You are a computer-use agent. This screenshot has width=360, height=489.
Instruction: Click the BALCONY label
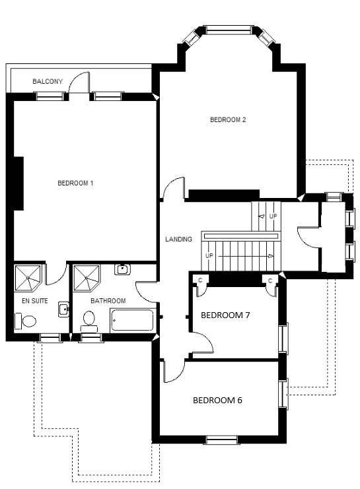point(48,81)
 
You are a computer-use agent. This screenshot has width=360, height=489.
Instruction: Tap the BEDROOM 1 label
point(75,183)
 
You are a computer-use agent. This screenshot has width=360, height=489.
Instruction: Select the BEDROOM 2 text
point(228,119)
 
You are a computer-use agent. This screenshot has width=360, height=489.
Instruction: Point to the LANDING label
point(178,239)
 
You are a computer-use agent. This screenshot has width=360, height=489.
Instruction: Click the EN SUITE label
point(35,301)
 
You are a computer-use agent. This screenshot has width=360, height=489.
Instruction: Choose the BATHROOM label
point(108,301)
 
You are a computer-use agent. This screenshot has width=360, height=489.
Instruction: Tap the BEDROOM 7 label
point(225,315)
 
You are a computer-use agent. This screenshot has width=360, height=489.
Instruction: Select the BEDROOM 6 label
point(217,400)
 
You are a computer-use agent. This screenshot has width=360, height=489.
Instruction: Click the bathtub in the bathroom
point(132,320)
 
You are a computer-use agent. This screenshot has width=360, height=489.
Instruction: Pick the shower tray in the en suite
point(28,278)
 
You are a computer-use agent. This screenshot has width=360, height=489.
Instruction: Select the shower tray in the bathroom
point(86,278)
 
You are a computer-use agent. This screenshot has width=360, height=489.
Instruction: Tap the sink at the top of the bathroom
point(122,269)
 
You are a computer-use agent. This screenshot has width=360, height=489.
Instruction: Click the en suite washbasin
point(63,310)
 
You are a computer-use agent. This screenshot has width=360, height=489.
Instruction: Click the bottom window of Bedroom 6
point(222,440)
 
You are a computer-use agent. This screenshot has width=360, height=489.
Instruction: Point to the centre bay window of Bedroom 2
point(228,30)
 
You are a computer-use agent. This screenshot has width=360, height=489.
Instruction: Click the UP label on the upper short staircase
point(273,216)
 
